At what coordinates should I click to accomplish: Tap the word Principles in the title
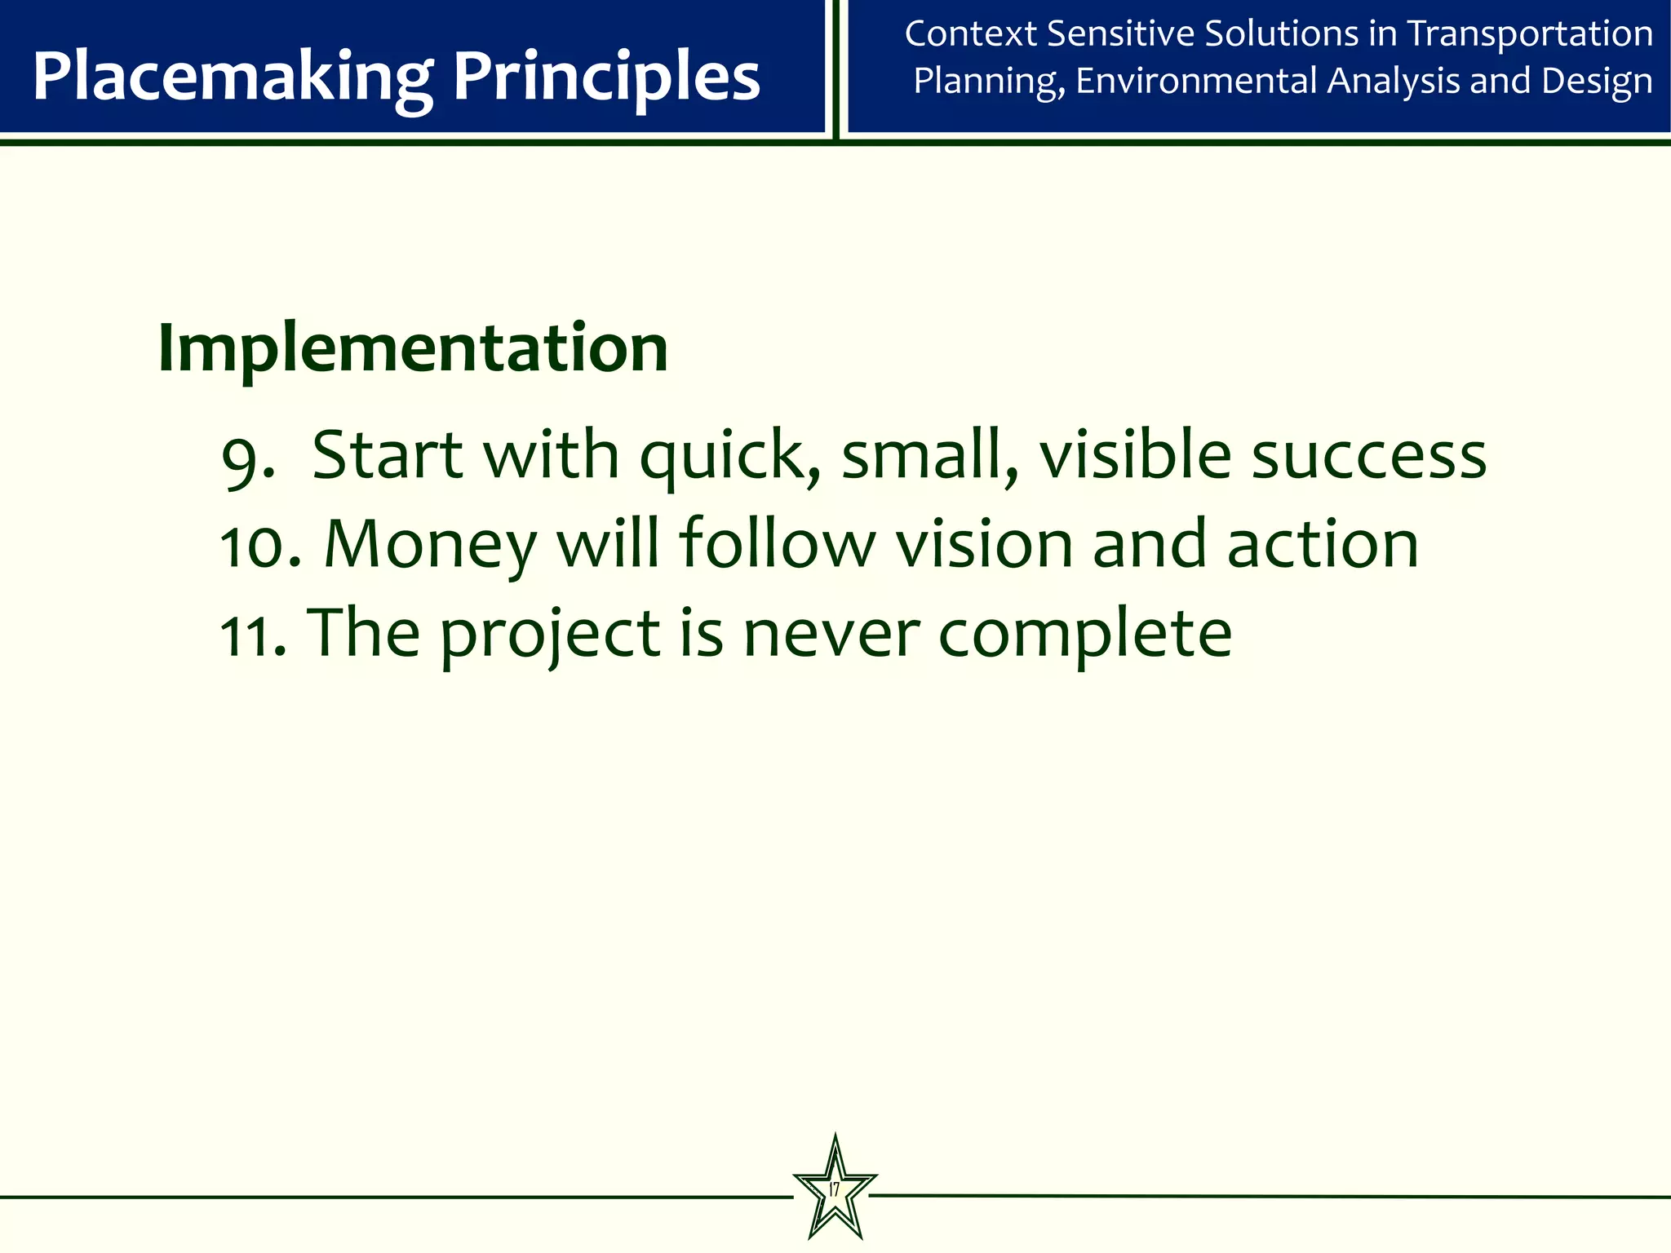click(606, 77)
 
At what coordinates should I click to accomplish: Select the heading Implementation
click(413, 348)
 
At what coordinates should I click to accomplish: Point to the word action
click(1323, 545)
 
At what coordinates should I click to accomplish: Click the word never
click(831, 635)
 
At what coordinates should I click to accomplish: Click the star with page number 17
click(835, 1190)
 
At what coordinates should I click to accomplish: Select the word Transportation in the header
click(1531, 34)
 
